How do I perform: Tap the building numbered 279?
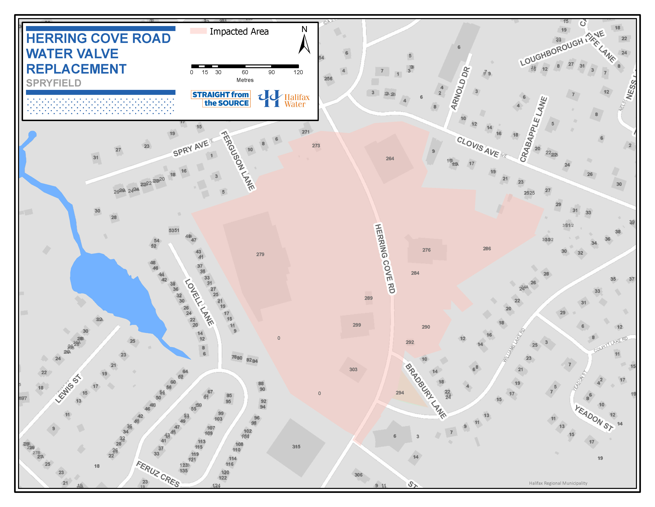tap(260, 254)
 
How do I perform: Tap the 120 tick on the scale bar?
tap(298, 72)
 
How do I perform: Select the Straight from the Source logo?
tap(221, 99)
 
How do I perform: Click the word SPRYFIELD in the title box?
tap(54, 83)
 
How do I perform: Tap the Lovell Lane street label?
tap(199, 302)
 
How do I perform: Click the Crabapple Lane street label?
tap(533, 129)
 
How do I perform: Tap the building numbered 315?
tap(296, 447)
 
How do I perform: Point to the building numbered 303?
tap(353, 369)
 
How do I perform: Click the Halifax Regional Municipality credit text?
tap(558, 483)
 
